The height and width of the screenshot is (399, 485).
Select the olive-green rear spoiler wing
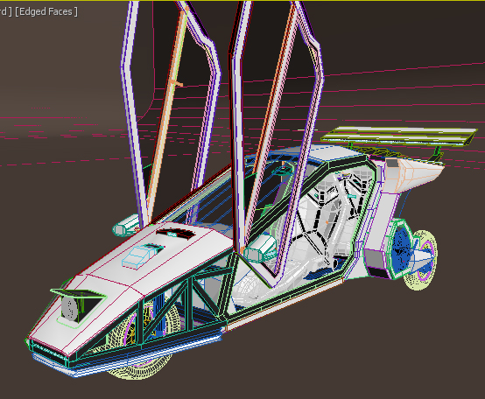click(399, 136)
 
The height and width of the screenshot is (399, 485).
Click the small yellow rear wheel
click(422, 260)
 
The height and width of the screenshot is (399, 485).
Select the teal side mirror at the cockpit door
click(260, 248)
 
